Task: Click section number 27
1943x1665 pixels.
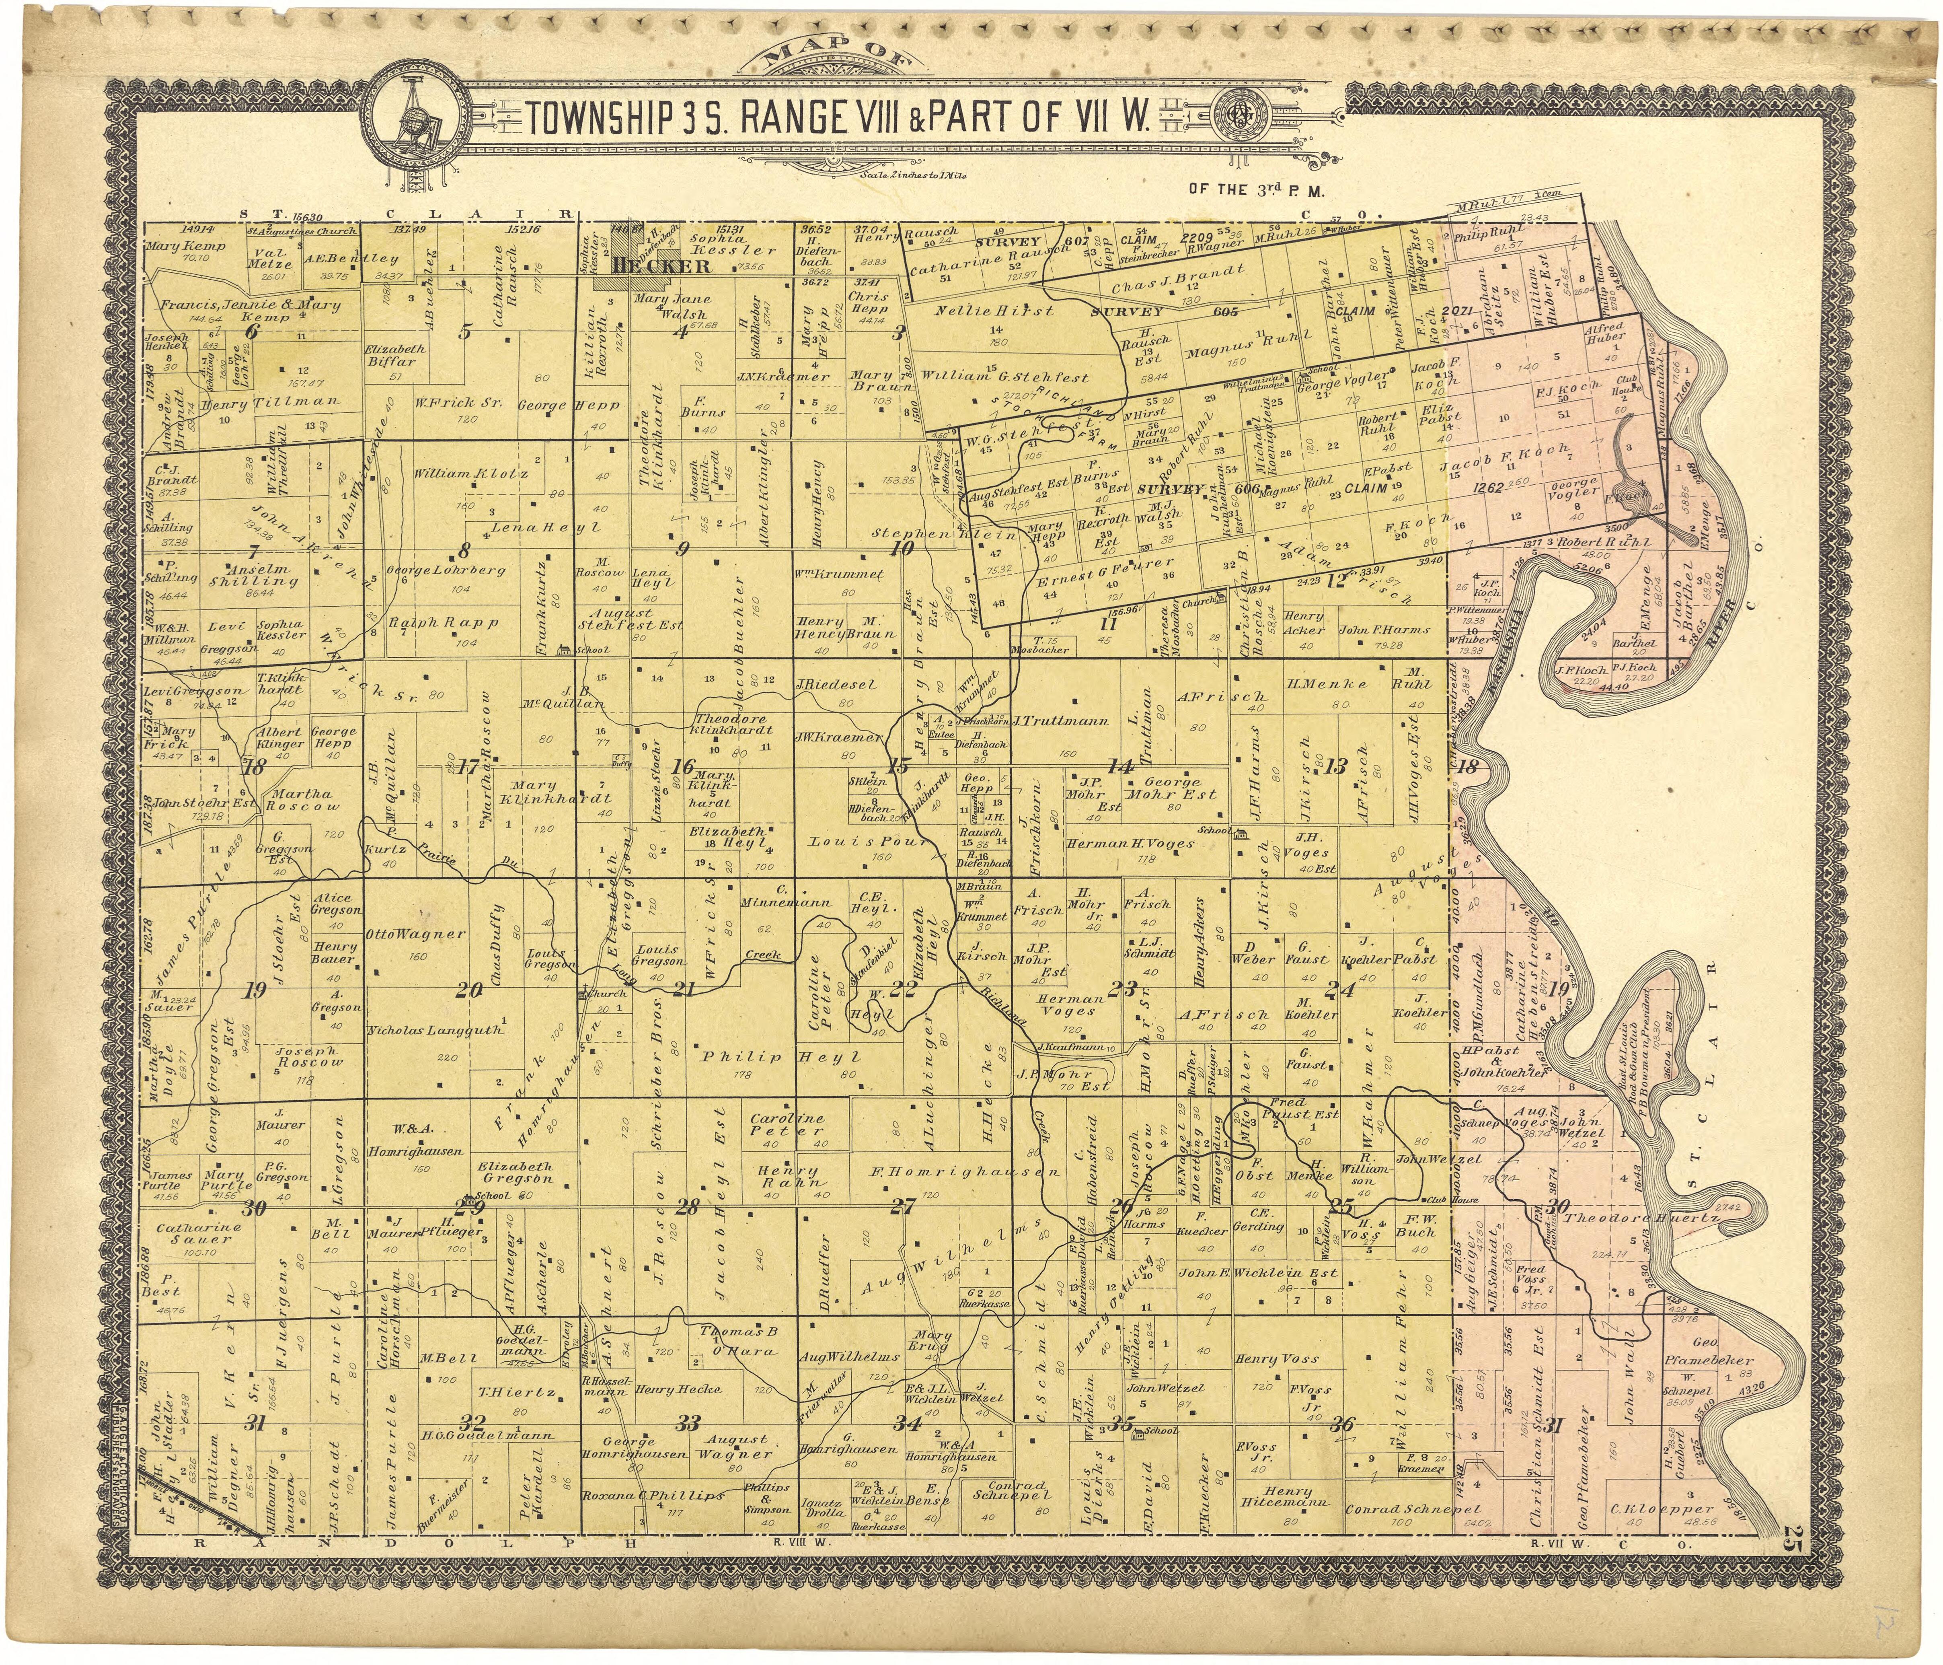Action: [x=902, y=1206]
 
